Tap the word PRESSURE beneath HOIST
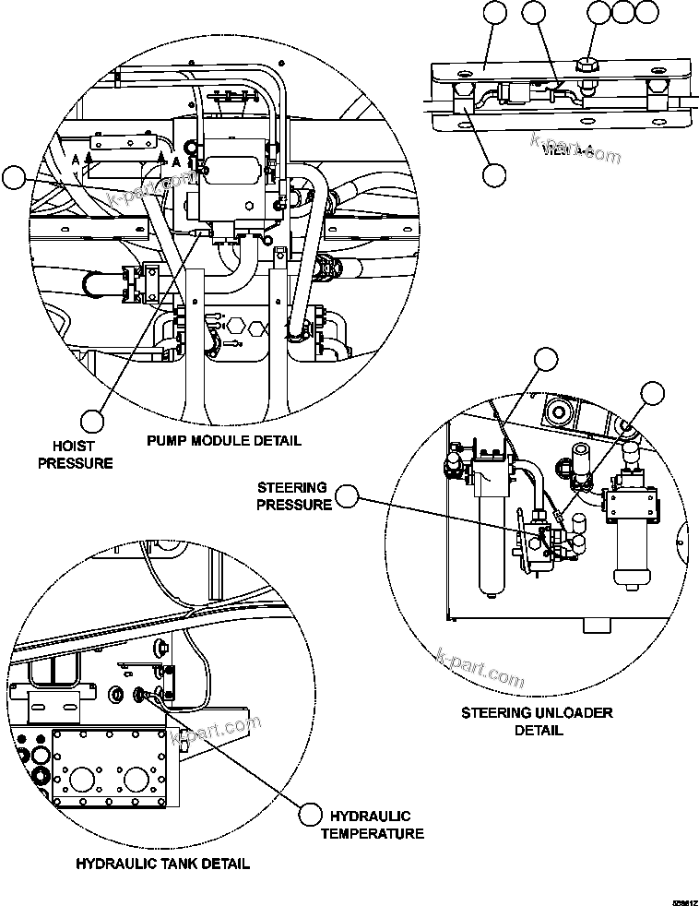click(x=75, y=462)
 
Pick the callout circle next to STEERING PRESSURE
click(x=347, y=496)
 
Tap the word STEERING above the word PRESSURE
click(x=292, y=487)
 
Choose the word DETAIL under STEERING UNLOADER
click(x=539, y=730)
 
